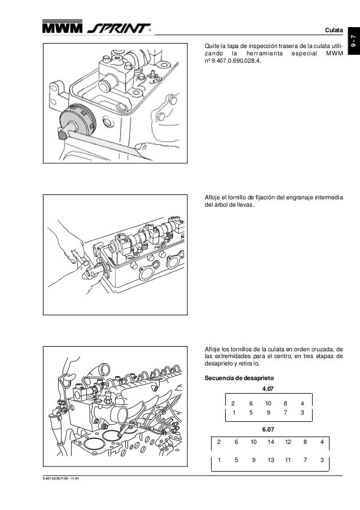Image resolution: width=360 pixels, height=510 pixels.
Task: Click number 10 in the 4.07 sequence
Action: [268, 403]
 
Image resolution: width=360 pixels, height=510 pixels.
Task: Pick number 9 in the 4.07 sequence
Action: [268, 412]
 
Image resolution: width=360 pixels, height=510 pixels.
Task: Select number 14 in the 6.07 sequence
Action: [271, 442]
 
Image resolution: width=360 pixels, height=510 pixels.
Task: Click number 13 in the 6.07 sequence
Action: [271, 460]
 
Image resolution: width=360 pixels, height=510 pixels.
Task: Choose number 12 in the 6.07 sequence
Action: [288, 442]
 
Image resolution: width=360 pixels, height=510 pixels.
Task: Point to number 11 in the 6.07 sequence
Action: [288, 460]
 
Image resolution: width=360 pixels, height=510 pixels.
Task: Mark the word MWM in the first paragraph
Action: [335, 54]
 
